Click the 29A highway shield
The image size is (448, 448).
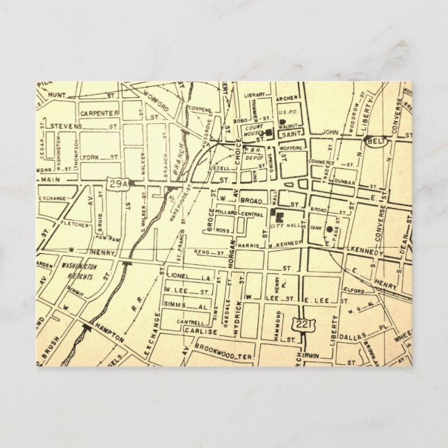pos(118,183)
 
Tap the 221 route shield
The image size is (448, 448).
pos(303,324)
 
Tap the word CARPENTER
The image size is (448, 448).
pos(99,111)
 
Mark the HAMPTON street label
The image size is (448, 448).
pos(110,334)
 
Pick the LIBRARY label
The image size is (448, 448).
pos(256,95)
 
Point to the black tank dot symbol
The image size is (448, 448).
pos(329,229)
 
